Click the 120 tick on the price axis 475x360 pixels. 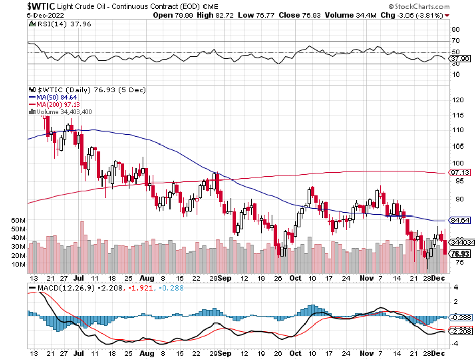pos(458,100)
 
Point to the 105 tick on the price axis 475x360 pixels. pos(458,147)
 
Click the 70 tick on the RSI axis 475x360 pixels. pos(456,40)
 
